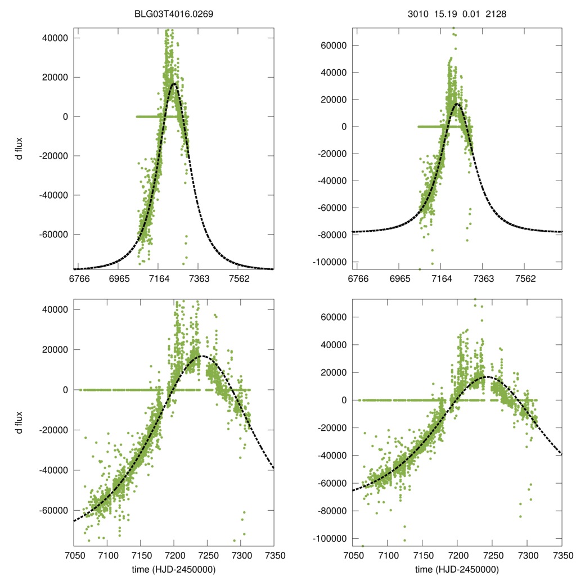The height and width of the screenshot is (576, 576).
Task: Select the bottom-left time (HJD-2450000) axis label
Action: [174, 569]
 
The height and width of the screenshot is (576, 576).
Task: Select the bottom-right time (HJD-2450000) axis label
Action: [457, 569]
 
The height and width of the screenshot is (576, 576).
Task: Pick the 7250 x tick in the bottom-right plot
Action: [492, 555]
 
